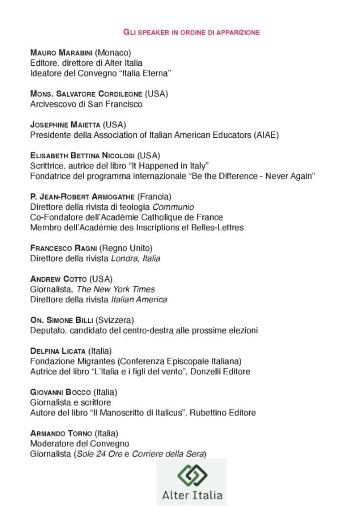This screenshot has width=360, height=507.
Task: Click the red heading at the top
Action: pyautogui.click(x=191, y=32)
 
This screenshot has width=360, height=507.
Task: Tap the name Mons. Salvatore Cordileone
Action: pyautogui.click(x=86, y=94)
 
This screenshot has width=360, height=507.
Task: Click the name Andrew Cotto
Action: pyautogui.click(x=59, y=279)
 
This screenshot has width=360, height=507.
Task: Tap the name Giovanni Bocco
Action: pyautogui.click(x=60, y=392)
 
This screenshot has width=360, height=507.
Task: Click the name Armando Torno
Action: pyautogui.click(x=61, y=433)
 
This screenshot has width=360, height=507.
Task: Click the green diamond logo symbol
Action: pyautogui.click(x=191, y=474)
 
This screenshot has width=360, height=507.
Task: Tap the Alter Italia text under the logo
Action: pyautogui.click(x=191, y=495)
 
